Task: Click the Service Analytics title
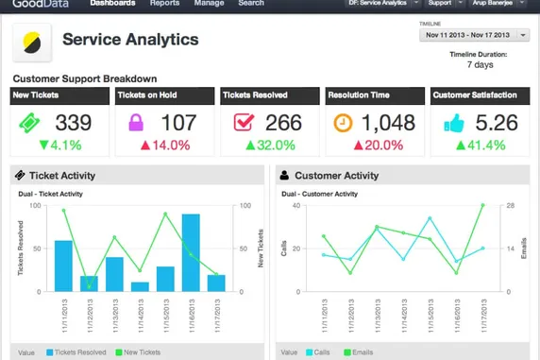pyautogui.click(x=130, y=40)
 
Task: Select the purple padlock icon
pyautogui.click(x=138, y=123)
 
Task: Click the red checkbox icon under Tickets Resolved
pyautogui.click(x=243, y=123)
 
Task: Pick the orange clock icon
pyautogui.click(x=346, y=123)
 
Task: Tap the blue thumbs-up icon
pyautogui.click(x=451, y=123)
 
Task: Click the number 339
pyautogui.click(x=74, y=123)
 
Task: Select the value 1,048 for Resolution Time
pyautogui.click(x=389, y=123)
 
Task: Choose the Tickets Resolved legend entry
pyautogui.click(x=76, y=352)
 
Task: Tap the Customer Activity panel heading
pyautogui.click(x=335, y=176)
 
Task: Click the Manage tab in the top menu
pyautogui.click(x=209, y=4)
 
